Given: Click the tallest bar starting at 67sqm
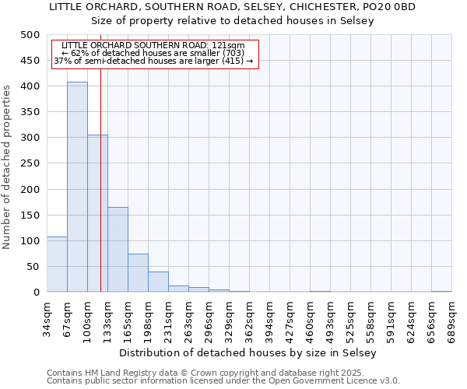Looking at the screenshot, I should click(x=77, y=187).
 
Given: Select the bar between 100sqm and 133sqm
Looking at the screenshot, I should click(x=97, y=213).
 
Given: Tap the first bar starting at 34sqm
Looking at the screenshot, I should click(x=57, y=265).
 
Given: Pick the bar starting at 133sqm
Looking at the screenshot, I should click(x=118, y=249).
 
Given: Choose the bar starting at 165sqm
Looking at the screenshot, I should click(x=138, y=272).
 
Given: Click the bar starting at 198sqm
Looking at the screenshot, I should click(x=158, y=282).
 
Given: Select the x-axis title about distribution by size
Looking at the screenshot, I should click(x=249, y=352).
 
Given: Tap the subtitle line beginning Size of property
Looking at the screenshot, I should click(x=233, y=21).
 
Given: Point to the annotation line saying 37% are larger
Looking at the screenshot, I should click(x=153, y=61).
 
